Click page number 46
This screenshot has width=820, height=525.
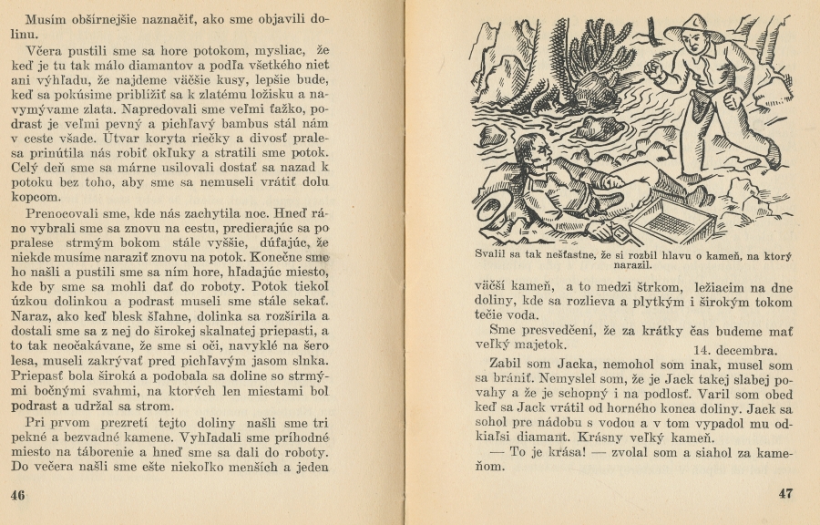(x=16, y=494)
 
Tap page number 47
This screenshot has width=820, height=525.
(x=785, y=494)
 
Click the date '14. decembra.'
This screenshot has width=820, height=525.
(x=733, y=350)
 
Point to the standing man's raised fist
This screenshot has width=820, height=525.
(x=653, y=70)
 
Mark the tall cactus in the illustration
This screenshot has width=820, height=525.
(x=597, y=55)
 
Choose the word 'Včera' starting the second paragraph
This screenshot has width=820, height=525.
(x=45, y=51)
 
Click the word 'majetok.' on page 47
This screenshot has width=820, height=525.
(x=537, y=345)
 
